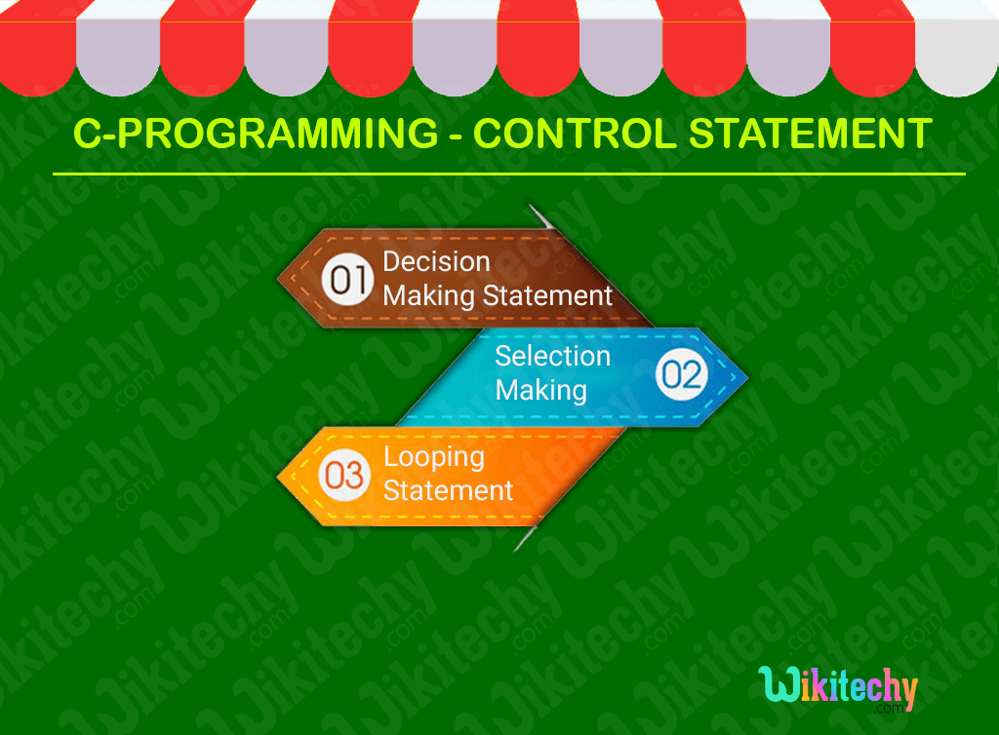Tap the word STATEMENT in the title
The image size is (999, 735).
[x=809, y=134]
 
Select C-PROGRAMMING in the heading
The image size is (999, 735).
[x=256, y=134]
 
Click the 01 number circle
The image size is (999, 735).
[x=347, y=280]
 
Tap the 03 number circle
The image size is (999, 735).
[x=344, y=475]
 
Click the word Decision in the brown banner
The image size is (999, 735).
[x=436, y=261]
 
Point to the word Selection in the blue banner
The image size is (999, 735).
[x=552, y=356]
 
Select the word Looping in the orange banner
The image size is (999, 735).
[x=433, y=456]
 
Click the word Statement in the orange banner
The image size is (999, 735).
[x=448, y=489]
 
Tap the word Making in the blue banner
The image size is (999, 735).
[x=540, y=390]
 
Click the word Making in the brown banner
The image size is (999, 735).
[x=427, y=295]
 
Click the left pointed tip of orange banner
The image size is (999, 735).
[x=281, y=477]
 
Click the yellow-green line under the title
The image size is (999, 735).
[x=508, y=174]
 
